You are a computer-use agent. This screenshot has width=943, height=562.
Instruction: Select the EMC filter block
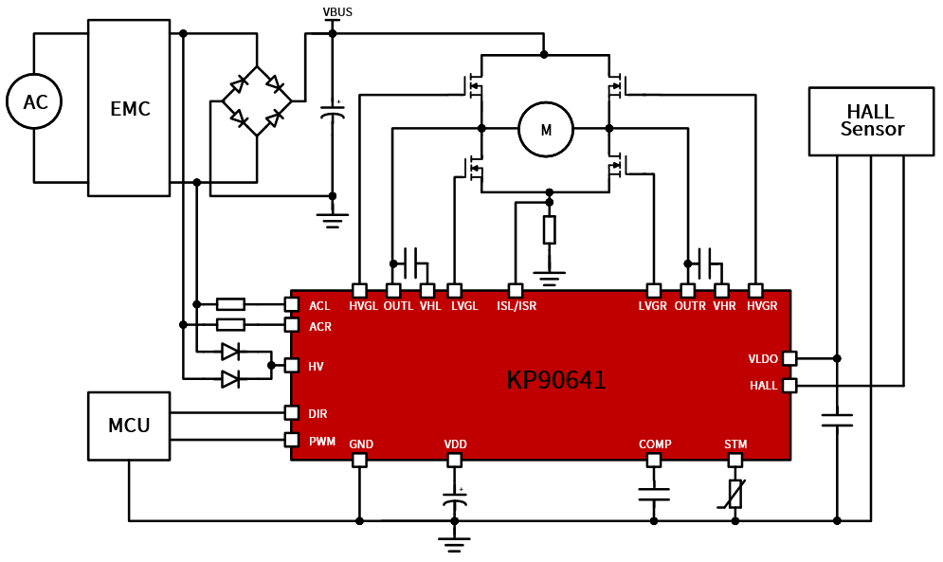[129, 108]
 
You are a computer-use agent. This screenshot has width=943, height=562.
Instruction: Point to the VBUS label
[337, 12]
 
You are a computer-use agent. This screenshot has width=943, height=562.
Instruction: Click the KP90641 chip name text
[556, 380]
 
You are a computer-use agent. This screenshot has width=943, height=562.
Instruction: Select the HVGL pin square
[359, 291]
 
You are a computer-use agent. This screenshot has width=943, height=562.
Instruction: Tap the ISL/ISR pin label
[517, 306]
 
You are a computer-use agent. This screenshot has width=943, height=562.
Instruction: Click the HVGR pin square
[755, 291]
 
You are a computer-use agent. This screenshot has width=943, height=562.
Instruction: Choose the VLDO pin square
[789, 358]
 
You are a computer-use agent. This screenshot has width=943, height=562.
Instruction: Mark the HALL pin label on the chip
[764, 386]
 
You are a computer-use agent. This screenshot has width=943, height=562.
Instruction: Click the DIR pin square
[291, 413]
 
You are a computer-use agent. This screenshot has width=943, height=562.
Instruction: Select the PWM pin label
[322, 442]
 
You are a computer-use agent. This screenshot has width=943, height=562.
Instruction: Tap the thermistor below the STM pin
[734, 494]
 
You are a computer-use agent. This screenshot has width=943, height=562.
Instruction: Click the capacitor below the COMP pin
[654, 494]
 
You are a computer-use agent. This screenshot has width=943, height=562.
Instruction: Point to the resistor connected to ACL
[230, 304]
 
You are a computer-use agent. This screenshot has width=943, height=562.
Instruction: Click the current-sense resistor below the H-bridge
[549, 230]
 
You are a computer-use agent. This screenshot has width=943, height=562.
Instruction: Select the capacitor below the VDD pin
[455, 499]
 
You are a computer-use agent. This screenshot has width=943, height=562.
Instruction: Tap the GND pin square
[359, 461]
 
